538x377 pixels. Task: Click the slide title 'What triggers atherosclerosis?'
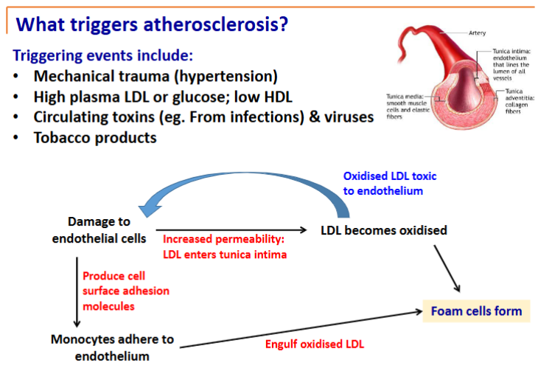pyautogui.click(x=151, y=24)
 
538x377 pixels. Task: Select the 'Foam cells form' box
pyautogui.click(x=476, y=311)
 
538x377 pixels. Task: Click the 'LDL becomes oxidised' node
pyautogui.click(x=384, y=230)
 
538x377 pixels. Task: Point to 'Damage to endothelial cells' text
pyautogui.click(x=99, y=229)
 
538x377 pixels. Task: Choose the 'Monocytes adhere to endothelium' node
pyautogui.click(x=112, y=347)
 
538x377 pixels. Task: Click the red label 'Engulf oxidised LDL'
pyautogui.click(x=314, y=344)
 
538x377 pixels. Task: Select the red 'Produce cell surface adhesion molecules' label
pyautogui.click(x=125, y=291)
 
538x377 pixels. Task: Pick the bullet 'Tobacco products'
pyautogui.click(x=95, y=137)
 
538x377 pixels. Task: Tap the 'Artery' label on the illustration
pyautogui.click(x=477, y=33)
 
